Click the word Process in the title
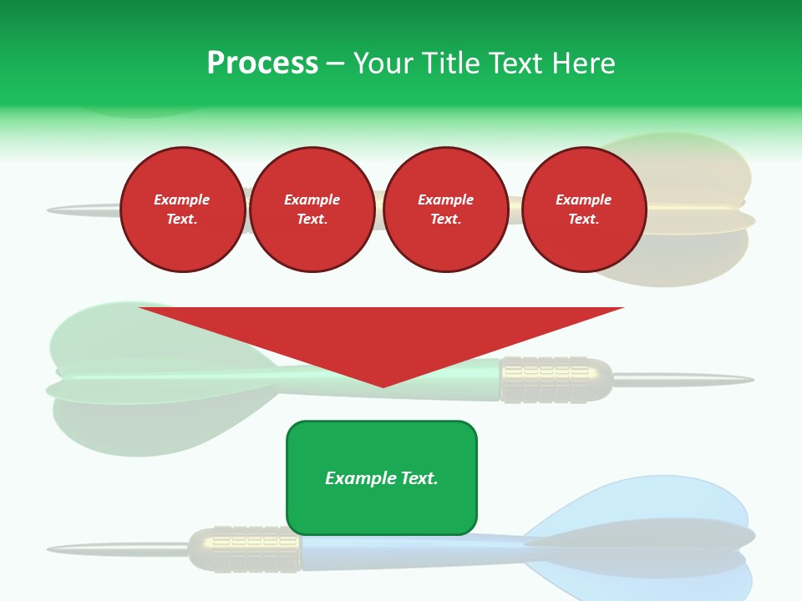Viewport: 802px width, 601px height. pos(262,63)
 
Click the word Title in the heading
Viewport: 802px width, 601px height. pos(449,63)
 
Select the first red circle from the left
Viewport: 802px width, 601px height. pos(183,210)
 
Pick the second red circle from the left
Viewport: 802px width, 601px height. pos(312,210)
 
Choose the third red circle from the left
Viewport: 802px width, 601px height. pos(446,210)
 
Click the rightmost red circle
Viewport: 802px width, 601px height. pos(584,210)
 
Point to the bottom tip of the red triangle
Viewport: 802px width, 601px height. pos(383,385)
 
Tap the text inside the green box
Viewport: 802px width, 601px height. pos(382,478)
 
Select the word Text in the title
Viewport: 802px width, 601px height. pos(514,63)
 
